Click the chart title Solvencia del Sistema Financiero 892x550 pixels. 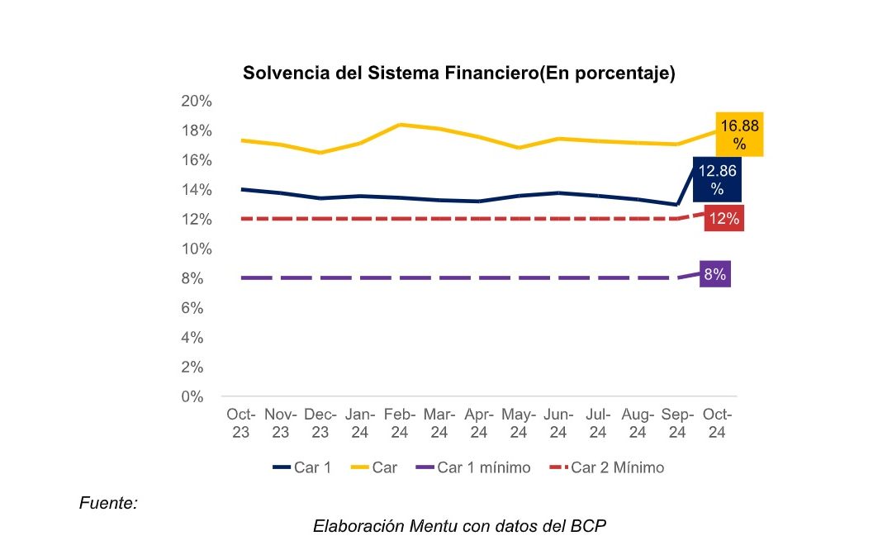click(459, 73)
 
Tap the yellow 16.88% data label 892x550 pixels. click(739, 134)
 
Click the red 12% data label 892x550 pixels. click(724, 219)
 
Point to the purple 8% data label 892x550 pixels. click(714, 275)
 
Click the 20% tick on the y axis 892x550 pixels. click(197, 101)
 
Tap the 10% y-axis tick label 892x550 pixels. click(197, 249)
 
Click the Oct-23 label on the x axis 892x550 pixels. click(241, 422)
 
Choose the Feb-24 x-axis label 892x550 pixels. click(400, 422)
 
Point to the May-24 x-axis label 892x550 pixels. click(519, 422)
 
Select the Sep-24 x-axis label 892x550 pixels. click(677, 422)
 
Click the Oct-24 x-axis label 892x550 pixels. click(717, 422)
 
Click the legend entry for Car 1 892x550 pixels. click(302, 467)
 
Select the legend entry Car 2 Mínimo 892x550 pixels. click(607, 467)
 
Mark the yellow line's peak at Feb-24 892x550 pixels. click(401, 125)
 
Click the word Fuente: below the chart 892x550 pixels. click(108, 502)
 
